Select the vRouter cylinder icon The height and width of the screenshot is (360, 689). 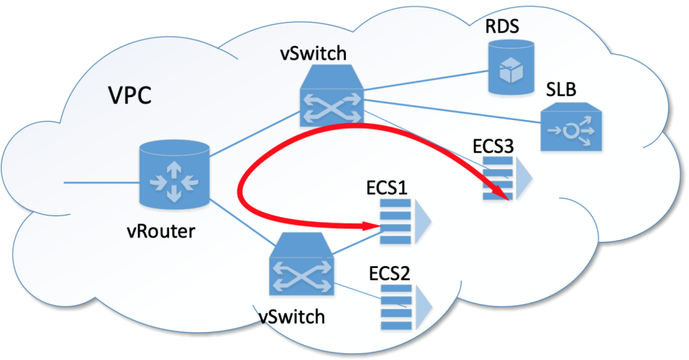(174, 174)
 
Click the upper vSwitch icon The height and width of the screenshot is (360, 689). (332, 96)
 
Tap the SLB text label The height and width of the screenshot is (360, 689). (561, 89)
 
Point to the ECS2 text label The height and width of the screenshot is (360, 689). (389, 274)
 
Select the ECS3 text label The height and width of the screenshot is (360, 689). (493, 146)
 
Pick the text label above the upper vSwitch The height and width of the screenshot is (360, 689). (313, 53)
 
